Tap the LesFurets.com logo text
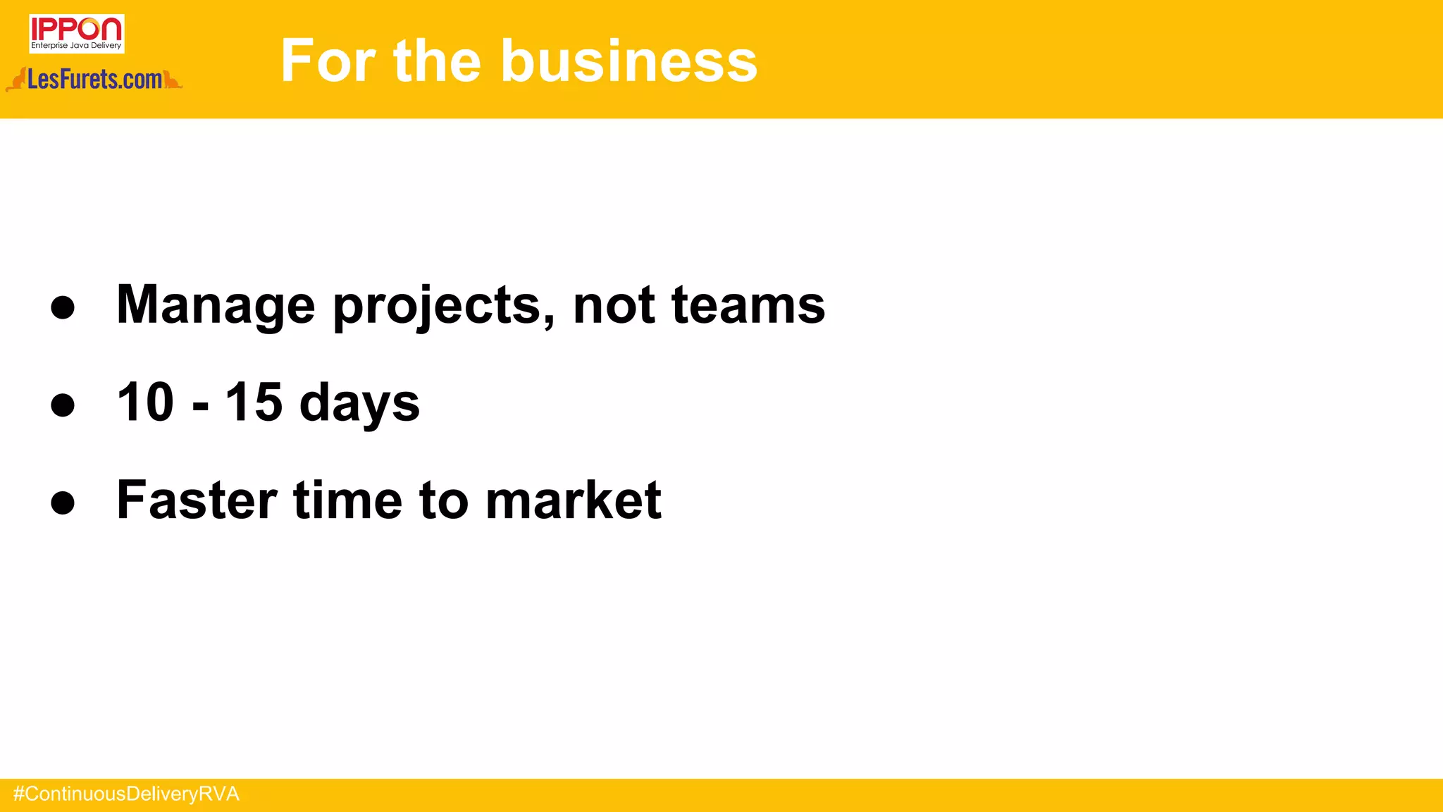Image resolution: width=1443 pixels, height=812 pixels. point(94,80)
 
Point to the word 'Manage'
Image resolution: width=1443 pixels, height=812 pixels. point(216,305)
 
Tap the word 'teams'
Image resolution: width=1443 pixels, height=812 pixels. point(748,305)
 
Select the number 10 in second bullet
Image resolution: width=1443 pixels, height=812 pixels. point(145,402)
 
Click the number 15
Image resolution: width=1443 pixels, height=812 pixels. point(254,402)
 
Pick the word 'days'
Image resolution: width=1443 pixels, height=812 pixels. point(359,404)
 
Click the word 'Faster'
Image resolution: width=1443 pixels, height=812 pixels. point(197,500)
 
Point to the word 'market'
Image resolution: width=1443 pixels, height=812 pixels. point(574,500)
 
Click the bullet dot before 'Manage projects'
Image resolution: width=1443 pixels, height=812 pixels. point(63,307)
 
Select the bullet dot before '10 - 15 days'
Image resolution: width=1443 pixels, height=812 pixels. point(63,405)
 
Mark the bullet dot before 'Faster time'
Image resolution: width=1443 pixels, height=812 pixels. point(63,503)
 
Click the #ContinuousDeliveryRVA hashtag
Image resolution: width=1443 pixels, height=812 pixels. point(126,794)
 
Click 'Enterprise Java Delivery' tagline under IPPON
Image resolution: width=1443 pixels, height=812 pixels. point(76,46)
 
